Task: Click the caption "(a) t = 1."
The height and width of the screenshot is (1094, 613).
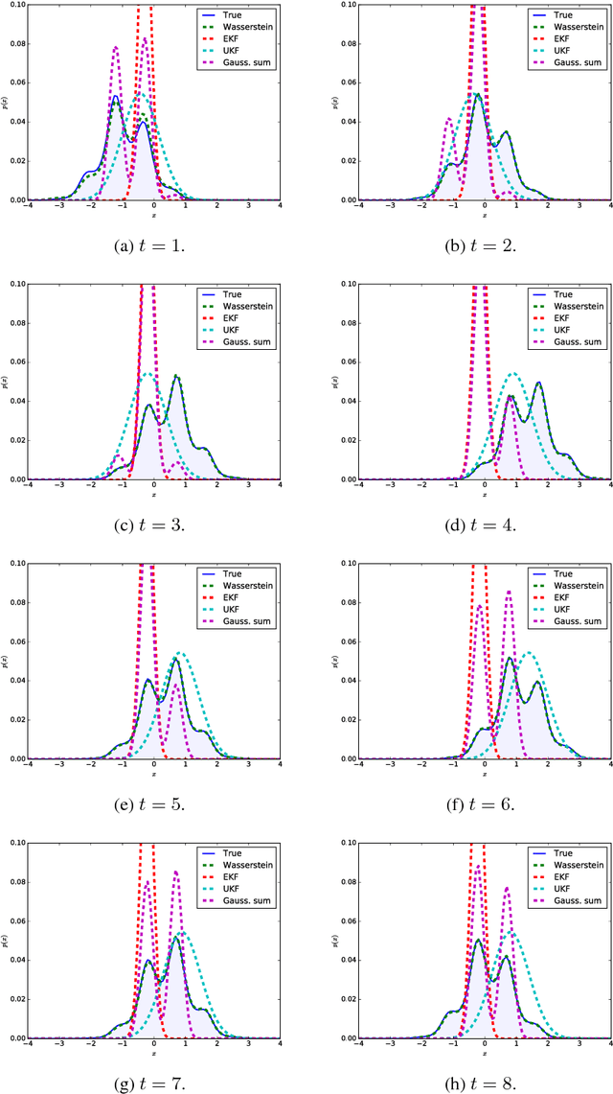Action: pyautogui.click(x=153, y=245)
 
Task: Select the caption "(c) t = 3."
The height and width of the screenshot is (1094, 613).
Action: pyautogui.click(x=153, y=525)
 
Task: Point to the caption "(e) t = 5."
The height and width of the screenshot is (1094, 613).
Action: pyautogui.click(x=153, y=804)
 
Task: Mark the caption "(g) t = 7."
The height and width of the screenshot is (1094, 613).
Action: pyautogui.click(x=153, y=1084)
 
